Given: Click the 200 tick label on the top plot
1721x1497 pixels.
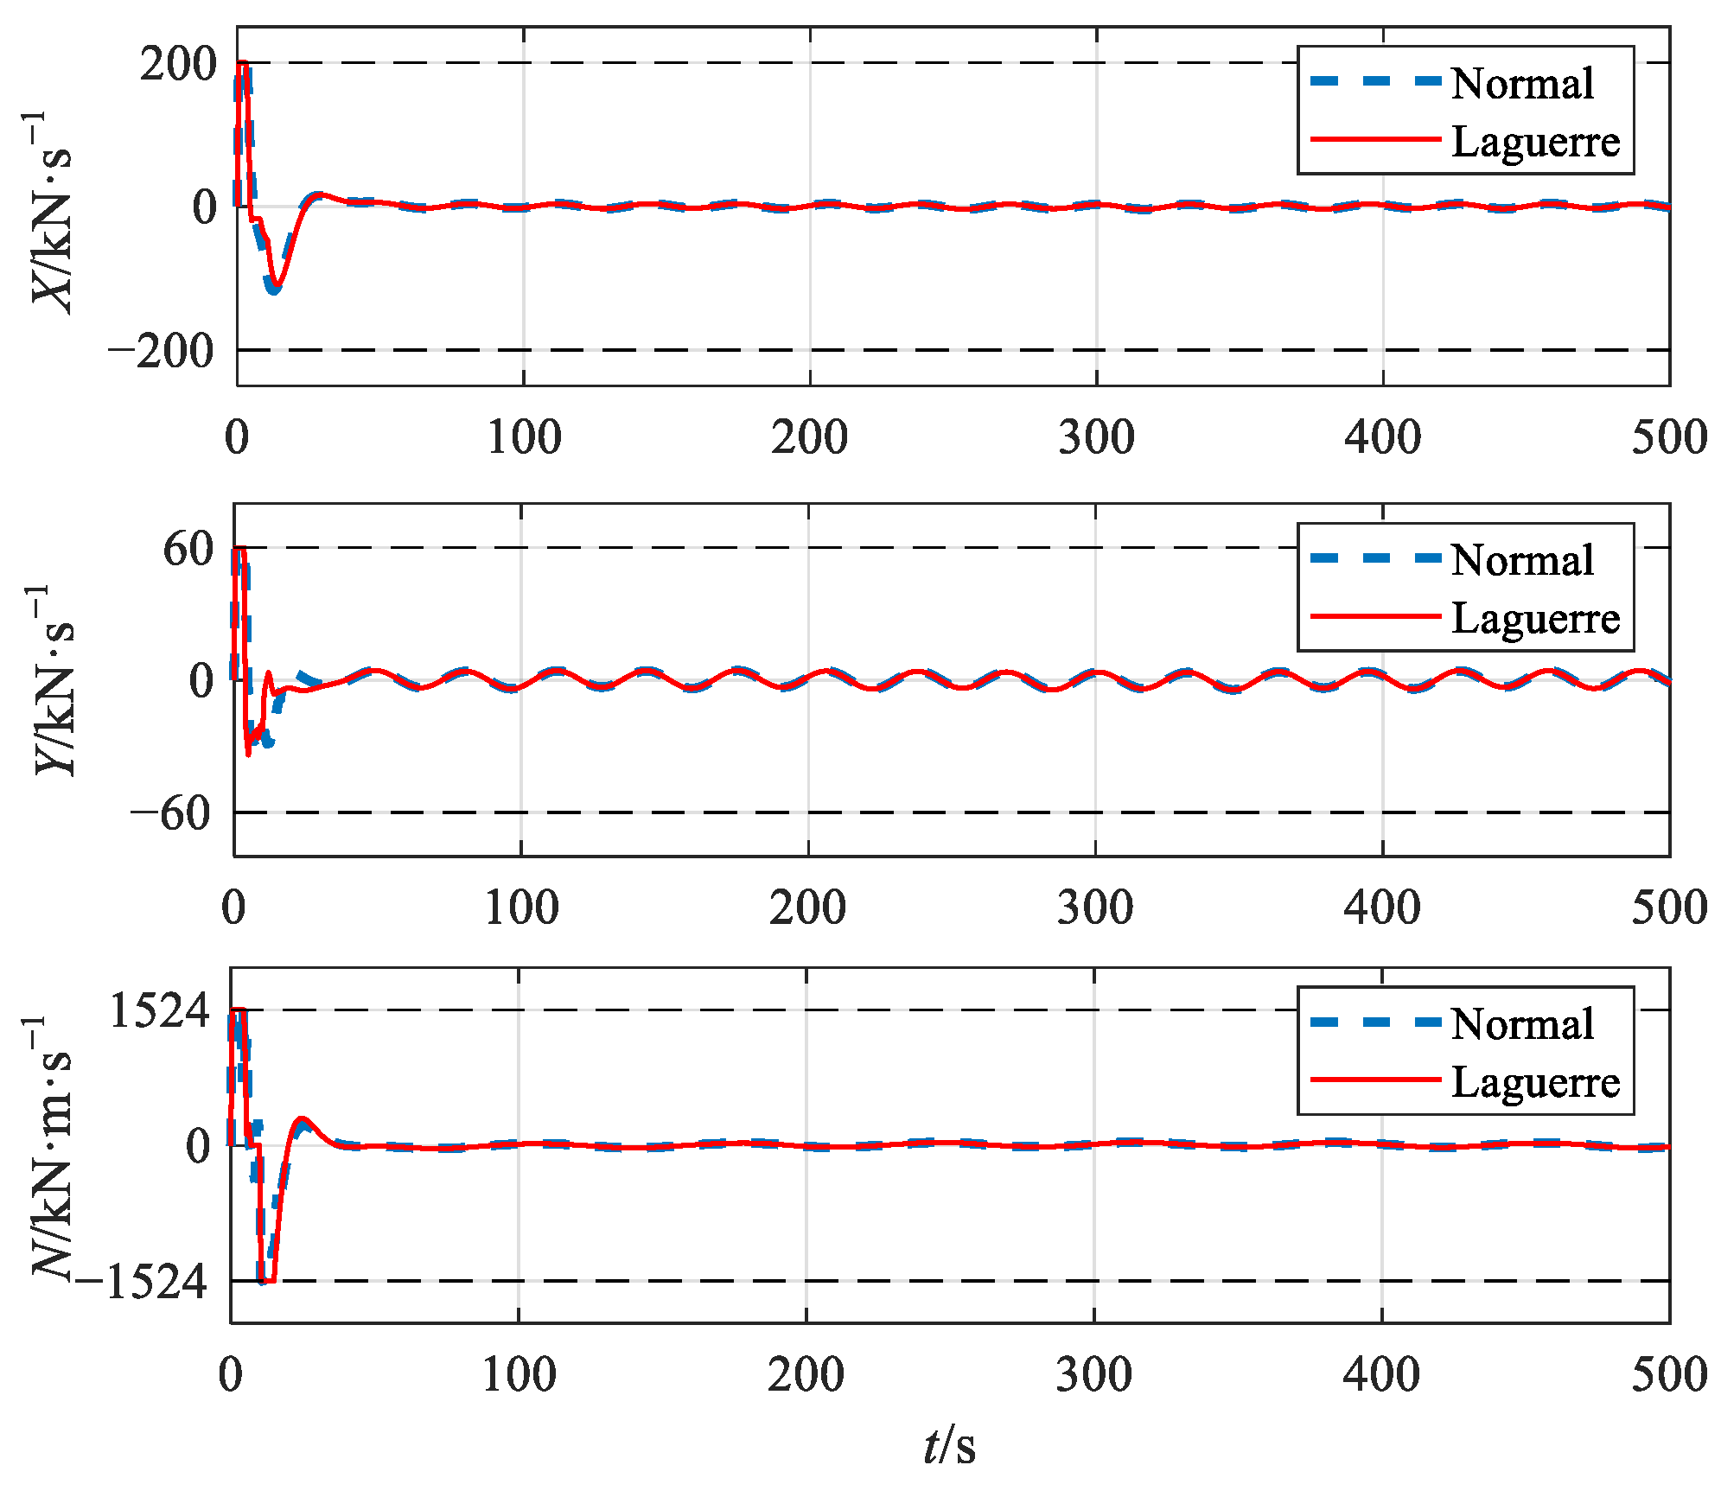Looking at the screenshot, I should coord(177,65).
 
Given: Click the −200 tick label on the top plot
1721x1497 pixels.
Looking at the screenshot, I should coord(161,352).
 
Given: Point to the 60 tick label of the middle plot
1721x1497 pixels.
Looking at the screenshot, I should coord(188,550).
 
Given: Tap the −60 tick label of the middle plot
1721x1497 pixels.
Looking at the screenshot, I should coord(171,814).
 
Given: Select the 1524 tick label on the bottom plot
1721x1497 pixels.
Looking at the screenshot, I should coord(159,1011).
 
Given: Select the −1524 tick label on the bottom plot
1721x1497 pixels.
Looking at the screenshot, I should coord(142,1283).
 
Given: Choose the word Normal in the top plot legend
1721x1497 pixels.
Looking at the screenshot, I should coord(1522,85).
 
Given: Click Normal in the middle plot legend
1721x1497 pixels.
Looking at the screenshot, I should coord(1522,561).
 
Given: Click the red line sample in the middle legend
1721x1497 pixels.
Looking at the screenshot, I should coord(1375,617).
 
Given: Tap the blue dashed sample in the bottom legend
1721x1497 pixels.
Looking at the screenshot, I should coord(1375,1023).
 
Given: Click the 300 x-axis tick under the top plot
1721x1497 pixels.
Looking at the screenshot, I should coord(1096,438).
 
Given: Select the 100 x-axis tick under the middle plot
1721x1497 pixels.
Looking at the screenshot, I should coord(521,908).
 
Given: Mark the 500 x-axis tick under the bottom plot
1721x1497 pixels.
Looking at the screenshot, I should coord(1669,1375).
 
